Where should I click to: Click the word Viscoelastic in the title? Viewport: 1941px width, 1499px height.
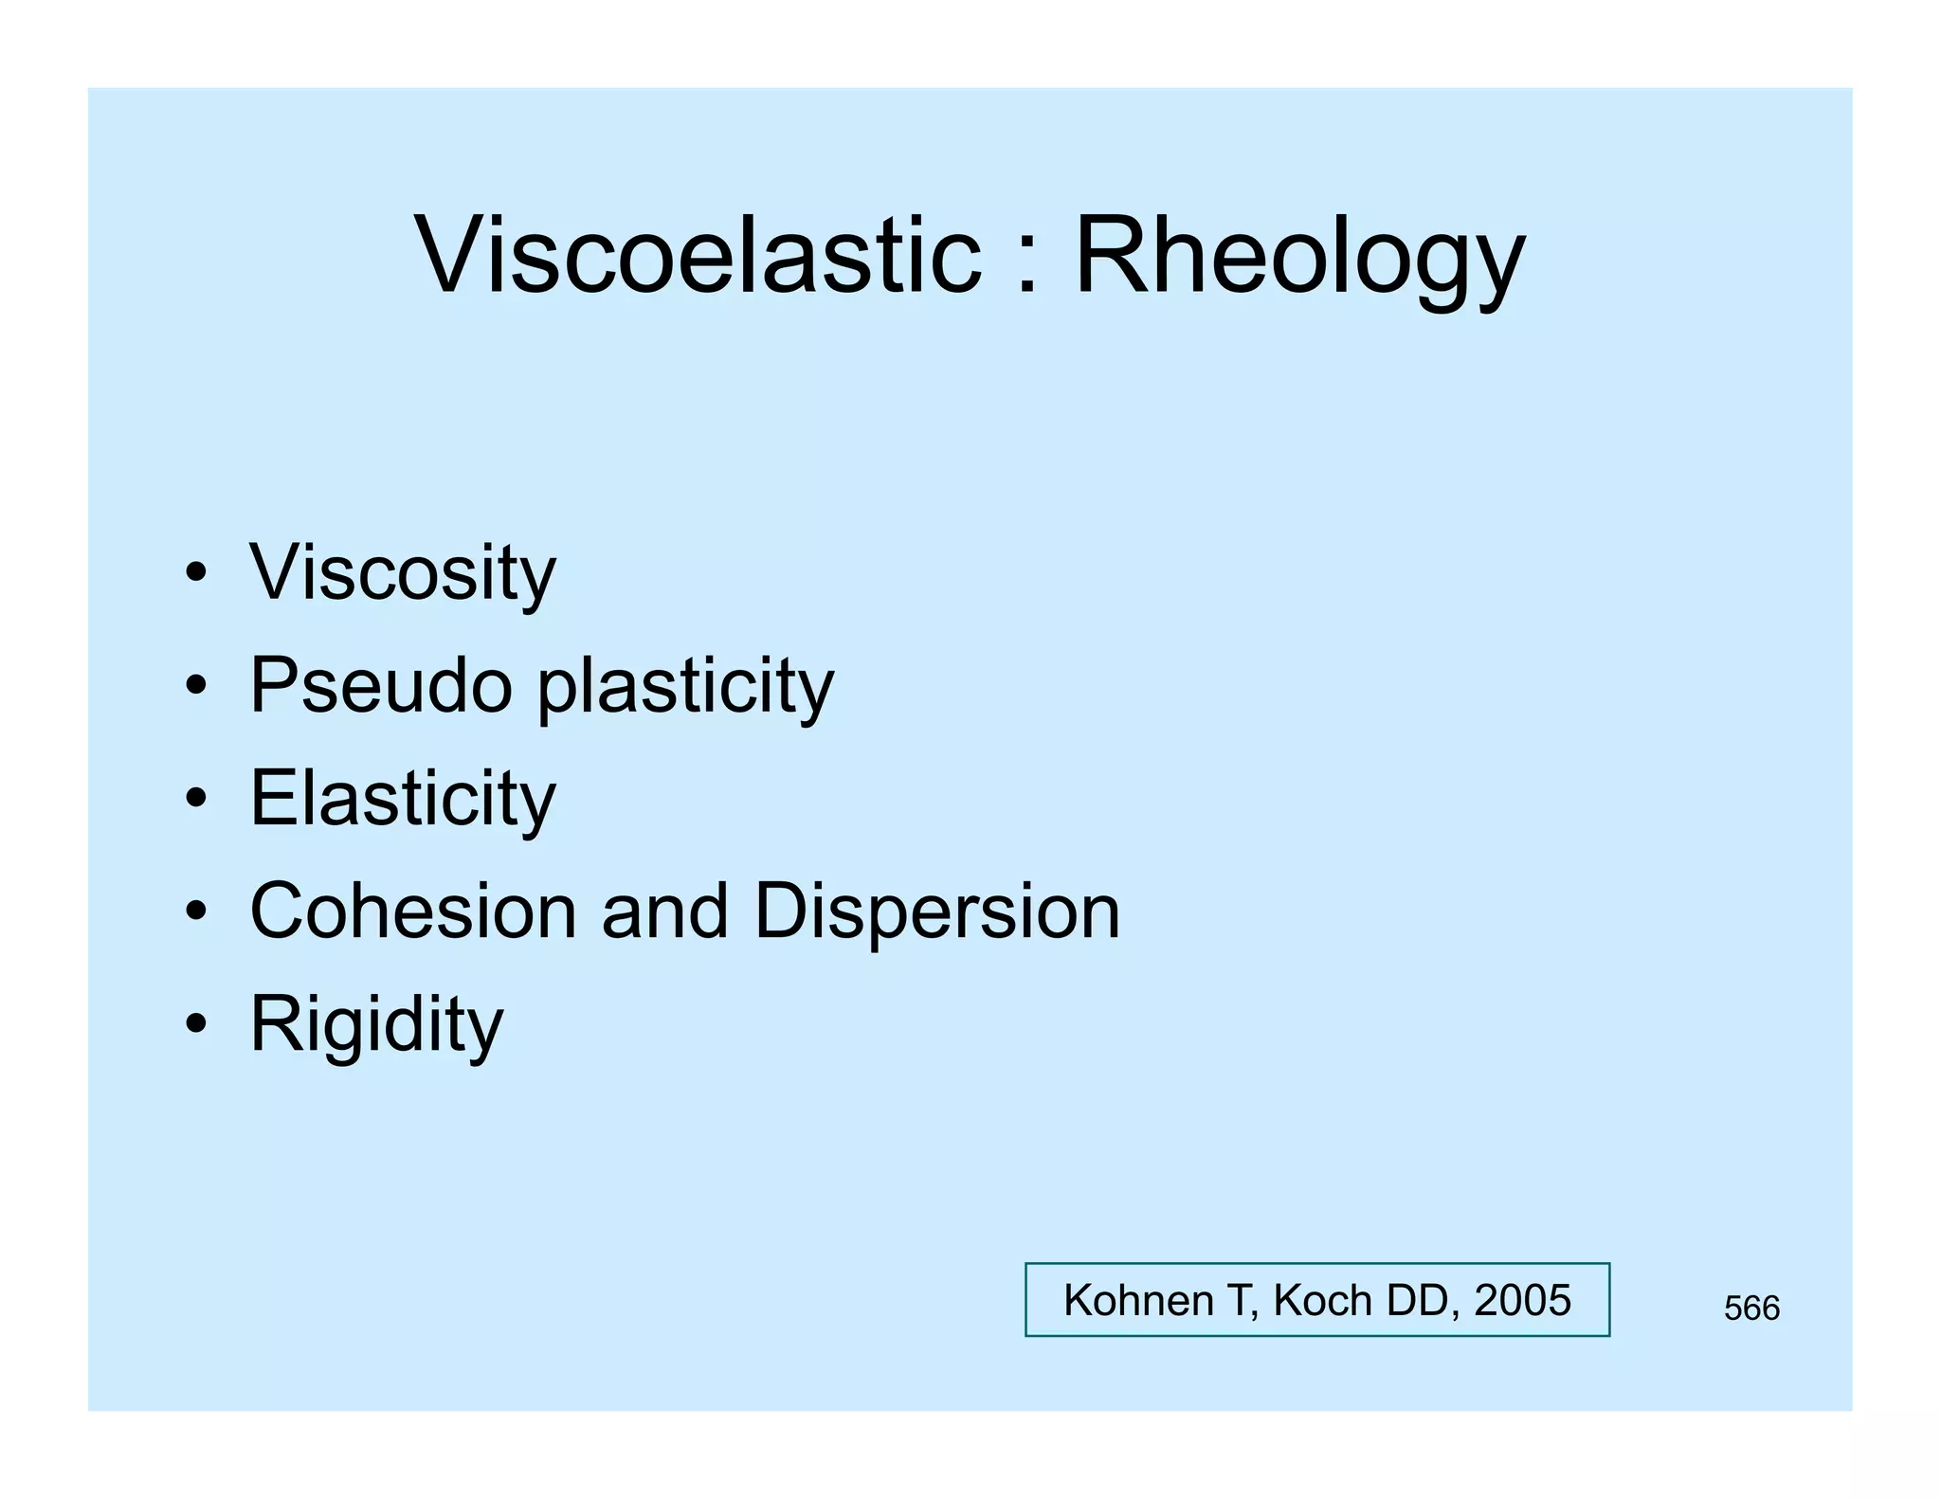[x=698, y=256]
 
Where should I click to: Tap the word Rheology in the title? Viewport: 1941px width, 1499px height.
[x=1298, y=256]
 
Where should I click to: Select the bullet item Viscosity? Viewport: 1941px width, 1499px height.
[x=402, y=572]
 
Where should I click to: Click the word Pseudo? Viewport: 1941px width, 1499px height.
[x=380, y=685]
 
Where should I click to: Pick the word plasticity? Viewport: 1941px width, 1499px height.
[x=685, y=685]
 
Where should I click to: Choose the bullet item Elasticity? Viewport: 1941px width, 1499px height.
[x=402, y=798]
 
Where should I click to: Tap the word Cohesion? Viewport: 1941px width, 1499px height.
[x=413, y=911]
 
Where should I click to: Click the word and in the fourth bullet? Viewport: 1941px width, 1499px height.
[x=664, y=911]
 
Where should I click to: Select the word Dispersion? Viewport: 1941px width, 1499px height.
[x=936, y=911]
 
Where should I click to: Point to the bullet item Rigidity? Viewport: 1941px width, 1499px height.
[x=376, y=1023]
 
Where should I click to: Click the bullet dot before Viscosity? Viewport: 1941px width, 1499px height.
[x=196, y=573]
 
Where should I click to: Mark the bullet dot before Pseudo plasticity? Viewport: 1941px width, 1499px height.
[x=196, y=686]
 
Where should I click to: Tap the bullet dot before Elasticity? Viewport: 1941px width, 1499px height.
[x=196, y=799]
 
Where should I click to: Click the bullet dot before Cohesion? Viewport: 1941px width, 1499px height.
[x=196, y=912]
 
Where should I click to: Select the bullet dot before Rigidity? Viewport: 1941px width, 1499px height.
[x=196, y=1024]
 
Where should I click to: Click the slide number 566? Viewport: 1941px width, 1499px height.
[x=1751, y=1309]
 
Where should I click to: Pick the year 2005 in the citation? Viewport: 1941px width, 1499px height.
[x=1522, y=1300]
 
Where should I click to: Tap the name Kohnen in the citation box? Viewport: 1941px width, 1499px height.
[x=1138, y=1300]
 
